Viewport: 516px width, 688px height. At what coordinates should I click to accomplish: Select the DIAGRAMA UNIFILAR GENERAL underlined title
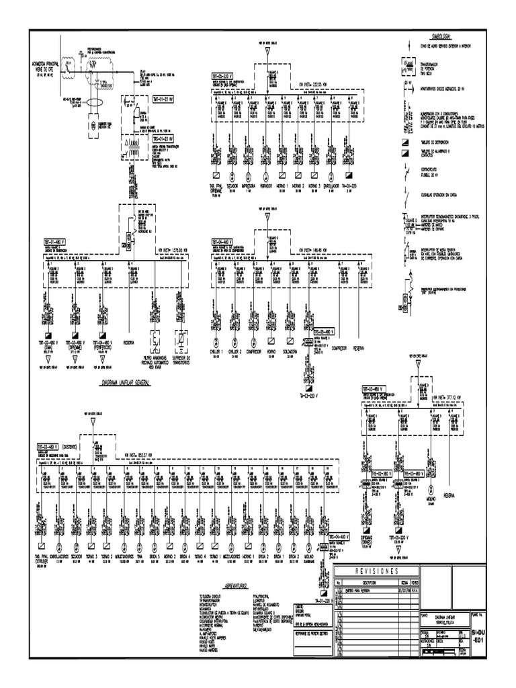125,381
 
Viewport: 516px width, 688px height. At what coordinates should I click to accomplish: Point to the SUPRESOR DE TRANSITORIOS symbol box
181,338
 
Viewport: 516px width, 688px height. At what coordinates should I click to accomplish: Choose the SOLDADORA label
291,351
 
